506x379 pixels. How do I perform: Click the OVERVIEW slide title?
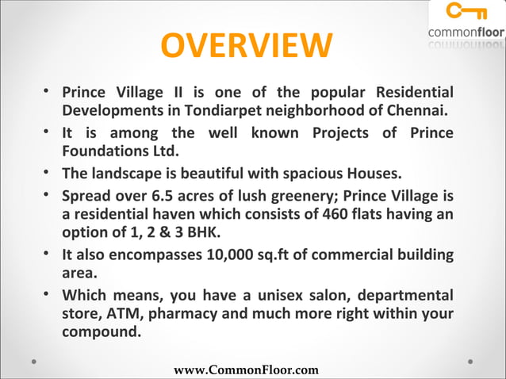click(247, 46)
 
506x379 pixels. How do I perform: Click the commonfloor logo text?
click(466, 33)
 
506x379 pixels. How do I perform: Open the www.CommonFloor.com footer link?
click(246, 369)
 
